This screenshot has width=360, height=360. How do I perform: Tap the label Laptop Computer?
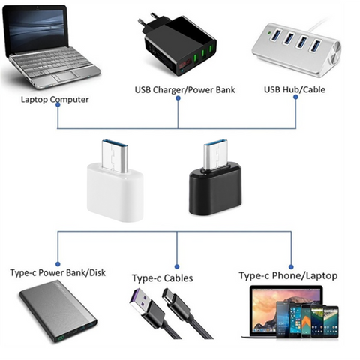coord(55,100)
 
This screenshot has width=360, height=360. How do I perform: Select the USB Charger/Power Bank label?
coord(184,90)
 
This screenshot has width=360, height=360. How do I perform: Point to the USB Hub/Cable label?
coord(295,89)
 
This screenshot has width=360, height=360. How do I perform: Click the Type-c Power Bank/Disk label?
coord(58,273)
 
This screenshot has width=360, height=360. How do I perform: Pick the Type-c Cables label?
coord(163,278)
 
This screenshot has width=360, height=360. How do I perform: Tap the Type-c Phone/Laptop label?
coord(288,276)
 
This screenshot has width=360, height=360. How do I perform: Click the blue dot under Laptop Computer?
coord(58,105)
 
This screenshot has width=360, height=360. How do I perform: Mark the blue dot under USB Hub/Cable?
coord(295,97)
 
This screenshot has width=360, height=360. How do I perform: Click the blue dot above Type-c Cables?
coord(177,266)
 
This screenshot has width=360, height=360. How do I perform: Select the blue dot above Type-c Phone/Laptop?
coord(291,267)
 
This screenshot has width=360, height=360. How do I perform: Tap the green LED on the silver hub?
coord(269,32)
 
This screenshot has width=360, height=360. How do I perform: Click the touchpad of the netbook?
coord(64,76)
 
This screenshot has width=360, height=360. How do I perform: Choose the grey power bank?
coord(58,311)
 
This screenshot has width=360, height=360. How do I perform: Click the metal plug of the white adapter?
coord(115,156)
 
